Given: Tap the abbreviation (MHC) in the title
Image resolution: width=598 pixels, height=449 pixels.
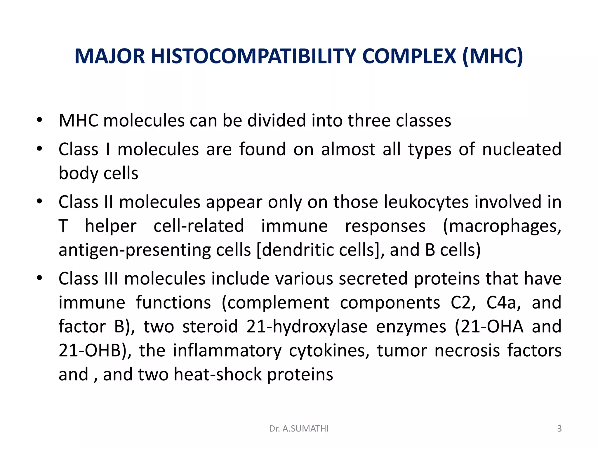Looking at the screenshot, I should pos(493,56).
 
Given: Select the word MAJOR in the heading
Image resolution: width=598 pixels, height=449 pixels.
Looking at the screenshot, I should pos(109,56).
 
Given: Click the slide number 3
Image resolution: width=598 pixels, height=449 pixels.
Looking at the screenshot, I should pos(559,429).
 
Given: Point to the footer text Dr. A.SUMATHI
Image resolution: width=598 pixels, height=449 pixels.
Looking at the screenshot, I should pos(299,429).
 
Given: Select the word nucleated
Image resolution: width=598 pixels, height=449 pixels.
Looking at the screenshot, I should pos(521,149).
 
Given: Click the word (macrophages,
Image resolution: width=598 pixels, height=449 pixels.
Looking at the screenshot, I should pos(502,226).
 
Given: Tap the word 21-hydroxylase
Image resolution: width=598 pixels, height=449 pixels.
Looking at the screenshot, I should pos(307,327).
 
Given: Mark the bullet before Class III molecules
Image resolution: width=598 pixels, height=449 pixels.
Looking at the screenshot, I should pos(40,278).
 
